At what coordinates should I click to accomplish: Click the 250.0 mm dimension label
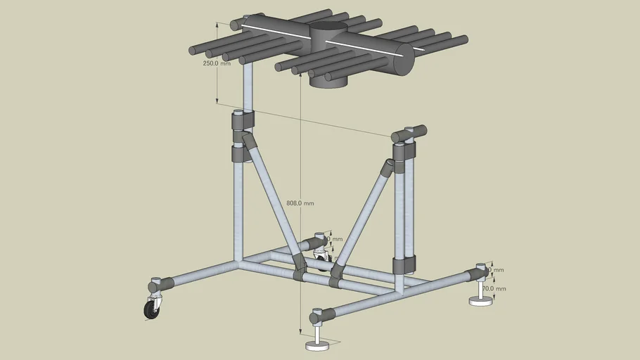click(217, 63)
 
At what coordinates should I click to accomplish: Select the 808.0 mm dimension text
click(300, 203)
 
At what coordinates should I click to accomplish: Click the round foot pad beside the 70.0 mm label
click(481, 302)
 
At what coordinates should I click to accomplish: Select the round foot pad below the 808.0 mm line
click(318, 345)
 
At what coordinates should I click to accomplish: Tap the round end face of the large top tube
click(403, 60)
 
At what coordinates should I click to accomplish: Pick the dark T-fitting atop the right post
click(409, 134)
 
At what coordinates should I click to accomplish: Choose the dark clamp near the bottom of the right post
click(404, 264)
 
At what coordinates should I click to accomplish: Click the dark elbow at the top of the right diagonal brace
click(388, 167)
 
